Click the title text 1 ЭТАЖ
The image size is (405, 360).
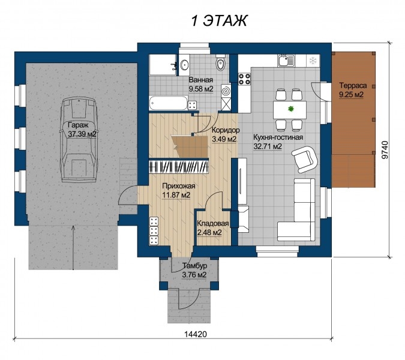(x=219, y=20)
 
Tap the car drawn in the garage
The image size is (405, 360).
(x=78, y=140)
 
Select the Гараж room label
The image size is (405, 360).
(x=78, y=125)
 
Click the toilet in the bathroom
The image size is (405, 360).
(x=220, y=63)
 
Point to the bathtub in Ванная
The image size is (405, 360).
(x=168, y=103)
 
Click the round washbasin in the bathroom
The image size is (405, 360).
(x=185, y=65)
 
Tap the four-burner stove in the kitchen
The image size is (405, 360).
(x=244, y=79)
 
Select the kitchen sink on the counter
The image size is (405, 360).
(x=286, y=61)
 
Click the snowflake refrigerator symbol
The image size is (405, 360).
(x=313, y=61)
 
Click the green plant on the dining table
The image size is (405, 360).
(x=291, y=109)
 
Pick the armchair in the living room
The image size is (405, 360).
(x=304, y=159)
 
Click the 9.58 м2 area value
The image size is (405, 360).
(x=201, y=89)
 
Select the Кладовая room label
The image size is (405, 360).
(x=213, y=223)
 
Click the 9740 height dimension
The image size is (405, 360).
(x=385, y=150)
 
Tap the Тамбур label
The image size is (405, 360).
(x=195, y=265)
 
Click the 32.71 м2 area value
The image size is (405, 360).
(x=268, y=146)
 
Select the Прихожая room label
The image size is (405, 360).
(x=178, y=186)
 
